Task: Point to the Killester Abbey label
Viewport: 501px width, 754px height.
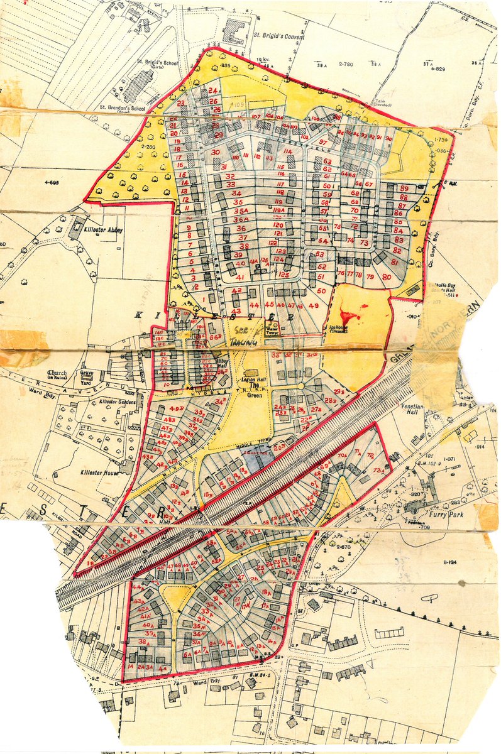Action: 104,231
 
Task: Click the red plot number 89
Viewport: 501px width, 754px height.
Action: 404,188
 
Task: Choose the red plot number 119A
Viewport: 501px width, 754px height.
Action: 280,210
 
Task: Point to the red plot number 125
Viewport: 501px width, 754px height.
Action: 284,275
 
